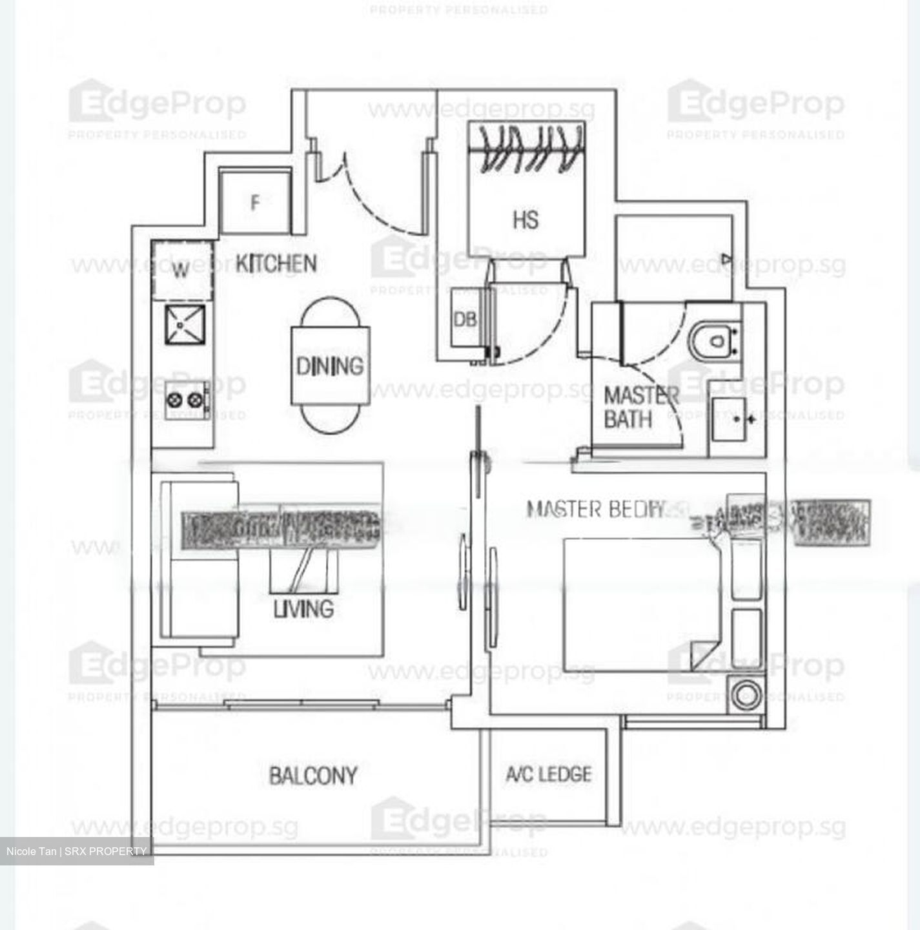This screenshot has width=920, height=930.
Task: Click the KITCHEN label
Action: point(276,263)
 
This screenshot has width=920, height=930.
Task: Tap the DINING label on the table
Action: point(329,366)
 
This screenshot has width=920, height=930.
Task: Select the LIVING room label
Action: point(303,608)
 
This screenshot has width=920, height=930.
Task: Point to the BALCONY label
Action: point(313,775)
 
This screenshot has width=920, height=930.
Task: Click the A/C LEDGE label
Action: point(548,774)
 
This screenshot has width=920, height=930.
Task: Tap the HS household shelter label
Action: point(526,220)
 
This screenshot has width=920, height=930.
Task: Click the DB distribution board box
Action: point(465,318)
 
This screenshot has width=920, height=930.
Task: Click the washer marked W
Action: point(181,270)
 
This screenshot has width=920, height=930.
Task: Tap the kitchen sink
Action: point(185,324)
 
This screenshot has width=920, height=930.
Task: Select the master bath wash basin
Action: point(730,419)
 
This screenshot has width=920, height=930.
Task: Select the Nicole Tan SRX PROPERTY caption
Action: point(76,851)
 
